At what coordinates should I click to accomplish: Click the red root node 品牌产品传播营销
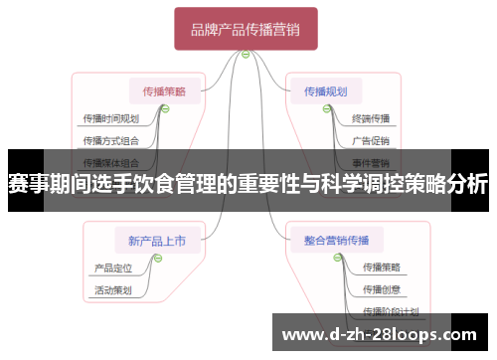246,30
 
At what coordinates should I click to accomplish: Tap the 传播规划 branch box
325,90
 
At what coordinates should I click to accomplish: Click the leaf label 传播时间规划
111,117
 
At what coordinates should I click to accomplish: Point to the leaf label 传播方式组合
111,139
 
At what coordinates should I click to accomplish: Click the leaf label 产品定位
113,268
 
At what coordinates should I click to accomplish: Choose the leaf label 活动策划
113,289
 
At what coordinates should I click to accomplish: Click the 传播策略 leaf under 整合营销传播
382,267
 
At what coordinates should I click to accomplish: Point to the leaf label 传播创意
382,289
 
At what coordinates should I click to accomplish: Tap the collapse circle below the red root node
246,55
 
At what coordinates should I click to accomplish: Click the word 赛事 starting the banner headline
28,184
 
